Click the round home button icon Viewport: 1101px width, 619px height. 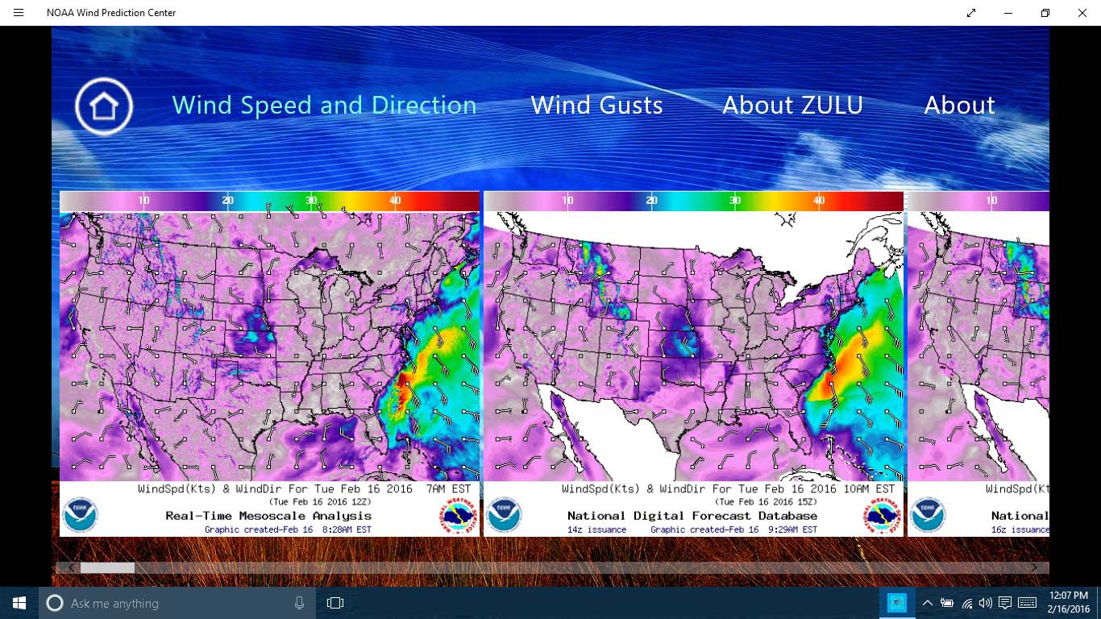(x=104, y=106)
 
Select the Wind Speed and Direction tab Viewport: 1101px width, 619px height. (x=324, y=106)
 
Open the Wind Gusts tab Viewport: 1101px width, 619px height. (x=596, y=106)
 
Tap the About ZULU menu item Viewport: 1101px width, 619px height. (x=792, y=106)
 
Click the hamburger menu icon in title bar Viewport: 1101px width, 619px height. (x=19, y=13)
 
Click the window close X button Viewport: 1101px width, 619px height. (x=1082, y=13)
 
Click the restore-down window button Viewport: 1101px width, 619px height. (x=1045, y=13)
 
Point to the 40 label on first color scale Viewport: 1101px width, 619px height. (x=395, y=201)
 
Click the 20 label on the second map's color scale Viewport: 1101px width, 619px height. (x=652, y=201)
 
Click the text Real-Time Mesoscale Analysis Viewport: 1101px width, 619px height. (x=268, y=516)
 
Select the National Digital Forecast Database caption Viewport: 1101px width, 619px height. (x=692, y=516)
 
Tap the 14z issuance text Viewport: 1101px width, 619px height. (x=596, y=530)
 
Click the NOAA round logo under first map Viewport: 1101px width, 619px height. (x=80, y=515)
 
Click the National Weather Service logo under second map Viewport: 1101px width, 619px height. (x=883, y=516)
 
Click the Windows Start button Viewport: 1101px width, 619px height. (x=19, y=603)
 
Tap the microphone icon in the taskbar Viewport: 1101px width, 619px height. (x=300, y=603)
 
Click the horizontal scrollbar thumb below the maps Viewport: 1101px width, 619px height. (x=107, y=567)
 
